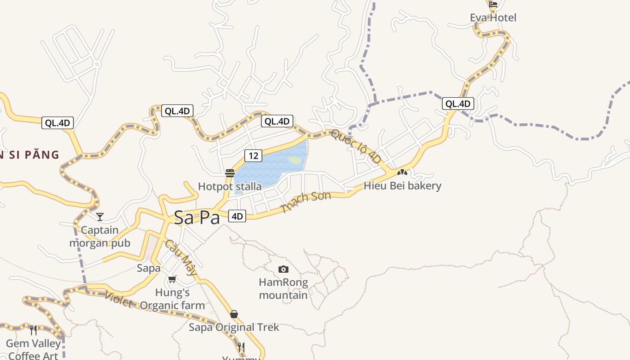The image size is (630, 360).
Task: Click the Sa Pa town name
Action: (x=197, y=218)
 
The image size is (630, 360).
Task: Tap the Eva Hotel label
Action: (x=493, y=18)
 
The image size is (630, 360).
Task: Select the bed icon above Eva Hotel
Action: (x=493, y=5)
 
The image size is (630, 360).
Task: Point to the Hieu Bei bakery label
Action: (x=402, y=186)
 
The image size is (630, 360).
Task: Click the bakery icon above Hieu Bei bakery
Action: (x=402, y=172)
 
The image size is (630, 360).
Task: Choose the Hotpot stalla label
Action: (x=229, y=186)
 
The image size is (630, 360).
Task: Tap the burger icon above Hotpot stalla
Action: (x=230, y=173)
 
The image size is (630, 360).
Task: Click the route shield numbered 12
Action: (x=253, y=156)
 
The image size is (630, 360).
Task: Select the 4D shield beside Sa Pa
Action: (x=237, y=216)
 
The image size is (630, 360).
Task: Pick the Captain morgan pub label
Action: (x=99, y=237)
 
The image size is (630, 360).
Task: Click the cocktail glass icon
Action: (x=100, y=217)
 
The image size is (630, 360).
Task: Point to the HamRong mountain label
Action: (x=283, y=289)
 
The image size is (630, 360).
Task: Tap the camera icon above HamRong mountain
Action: (x=283, y=269)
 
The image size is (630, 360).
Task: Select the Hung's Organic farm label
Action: (x=172, y=299)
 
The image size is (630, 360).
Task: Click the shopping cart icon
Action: (x=172, y=279)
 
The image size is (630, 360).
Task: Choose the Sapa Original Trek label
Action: (x=234, y=327)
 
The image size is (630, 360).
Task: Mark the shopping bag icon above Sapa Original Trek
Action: (x=234, y=314)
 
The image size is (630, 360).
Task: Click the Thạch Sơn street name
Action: (x=306, y=202)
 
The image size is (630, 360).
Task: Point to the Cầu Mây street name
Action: (x=181, y=257)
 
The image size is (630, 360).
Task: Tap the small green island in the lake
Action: (x=294, y=160)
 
